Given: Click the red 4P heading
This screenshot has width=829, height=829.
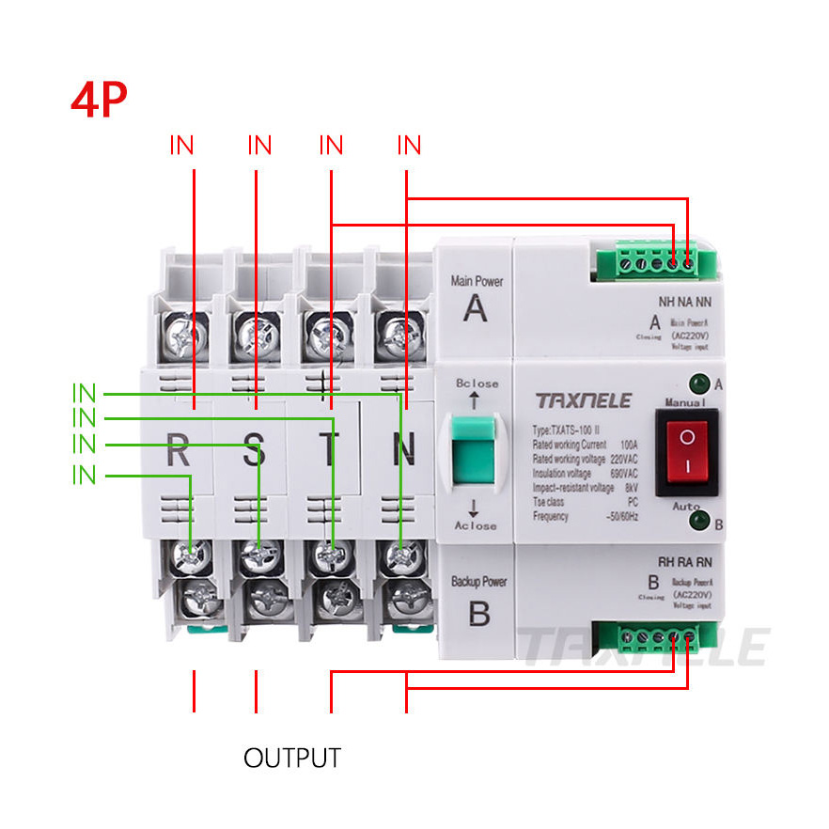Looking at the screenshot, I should (x=99, y=100).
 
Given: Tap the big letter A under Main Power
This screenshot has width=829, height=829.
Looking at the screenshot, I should (x=476, y=308).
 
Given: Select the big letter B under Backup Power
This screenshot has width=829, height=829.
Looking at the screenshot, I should (x=478, y=613).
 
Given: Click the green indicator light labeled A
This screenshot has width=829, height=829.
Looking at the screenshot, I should (x=698, y=383).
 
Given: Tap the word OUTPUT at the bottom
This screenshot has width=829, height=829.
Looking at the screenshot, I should (x=292, y=758).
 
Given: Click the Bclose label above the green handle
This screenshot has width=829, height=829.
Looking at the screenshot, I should (x=477, y=383).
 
